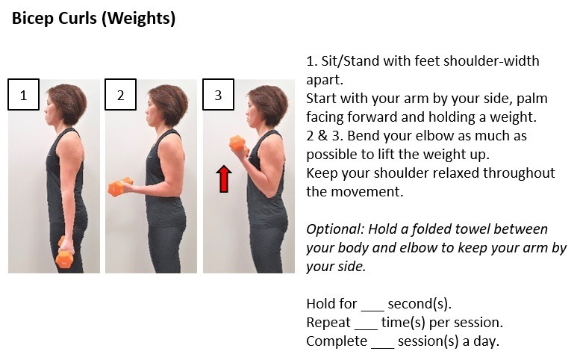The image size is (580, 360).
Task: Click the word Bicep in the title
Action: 32,18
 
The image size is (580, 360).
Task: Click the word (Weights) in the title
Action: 138,19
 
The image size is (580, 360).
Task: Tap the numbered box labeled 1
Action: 23,95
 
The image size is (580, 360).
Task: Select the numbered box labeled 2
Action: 121,95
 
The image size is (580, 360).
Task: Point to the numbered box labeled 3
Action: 218,95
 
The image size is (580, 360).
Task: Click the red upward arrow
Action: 224,179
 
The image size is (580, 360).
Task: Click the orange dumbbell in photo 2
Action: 120,187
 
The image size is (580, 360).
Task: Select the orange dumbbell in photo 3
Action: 239,145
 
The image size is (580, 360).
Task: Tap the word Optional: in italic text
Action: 335,229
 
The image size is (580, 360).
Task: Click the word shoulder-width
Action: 491,60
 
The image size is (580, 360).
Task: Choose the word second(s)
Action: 420,304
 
